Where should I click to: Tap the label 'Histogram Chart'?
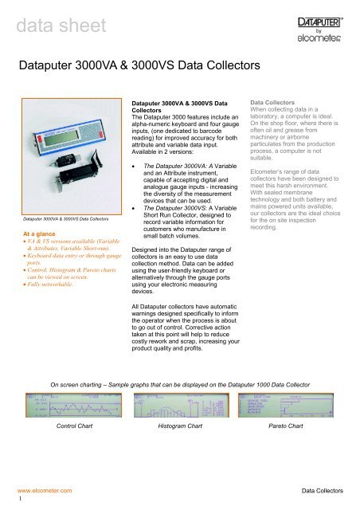click(x=182, y=428)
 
